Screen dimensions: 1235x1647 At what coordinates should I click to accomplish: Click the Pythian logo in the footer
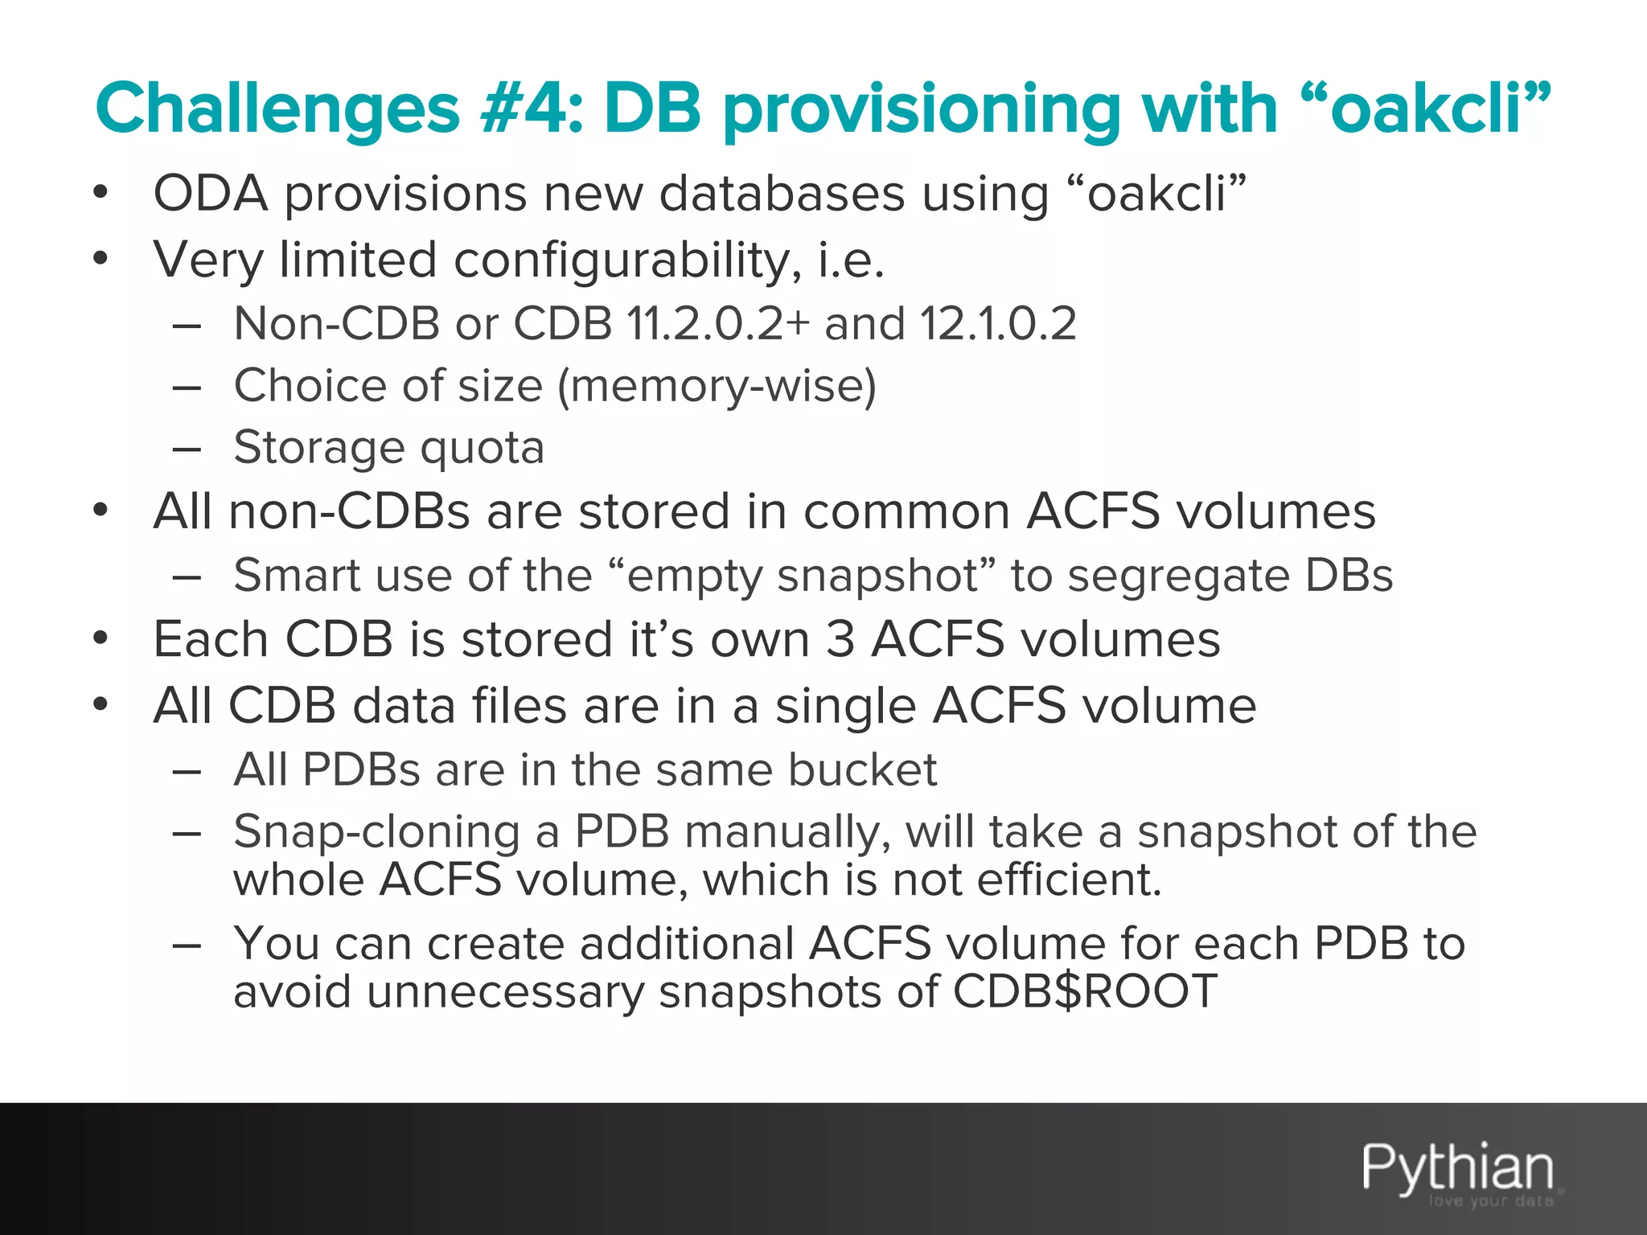(x=1458, y=1169)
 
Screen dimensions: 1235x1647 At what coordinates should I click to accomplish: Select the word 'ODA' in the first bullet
(x=210, y=194)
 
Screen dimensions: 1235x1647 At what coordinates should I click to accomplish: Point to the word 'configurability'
(x=627, y=261)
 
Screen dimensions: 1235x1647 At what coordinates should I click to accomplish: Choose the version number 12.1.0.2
(x=998, y=323)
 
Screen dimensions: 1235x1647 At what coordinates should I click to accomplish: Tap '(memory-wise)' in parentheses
(x=717, y=386)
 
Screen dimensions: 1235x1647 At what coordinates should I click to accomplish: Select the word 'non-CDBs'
(x=348, y=511)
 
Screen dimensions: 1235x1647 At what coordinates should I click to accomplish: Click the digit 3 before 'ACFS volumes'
(x=840, y=640)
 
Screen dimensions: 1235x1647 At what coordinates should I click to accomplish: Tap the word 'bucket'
(x=862, y=769)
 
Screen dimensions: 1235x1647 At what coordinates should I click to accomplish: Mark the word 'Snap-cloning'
(x=376, y=831)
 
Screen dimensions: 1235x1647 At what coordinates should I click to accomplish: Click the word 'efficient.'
(x=1070, y=879)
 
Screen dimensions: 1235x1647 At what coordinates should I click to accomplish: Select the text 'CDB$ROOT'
(x=1085, y=991)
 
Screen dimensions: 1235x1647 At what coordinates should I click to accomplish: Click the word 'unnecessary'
(x=506, y=991)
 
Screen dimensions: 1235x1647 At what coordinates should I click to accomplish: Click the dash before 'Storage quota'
(x=186, y=449)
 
